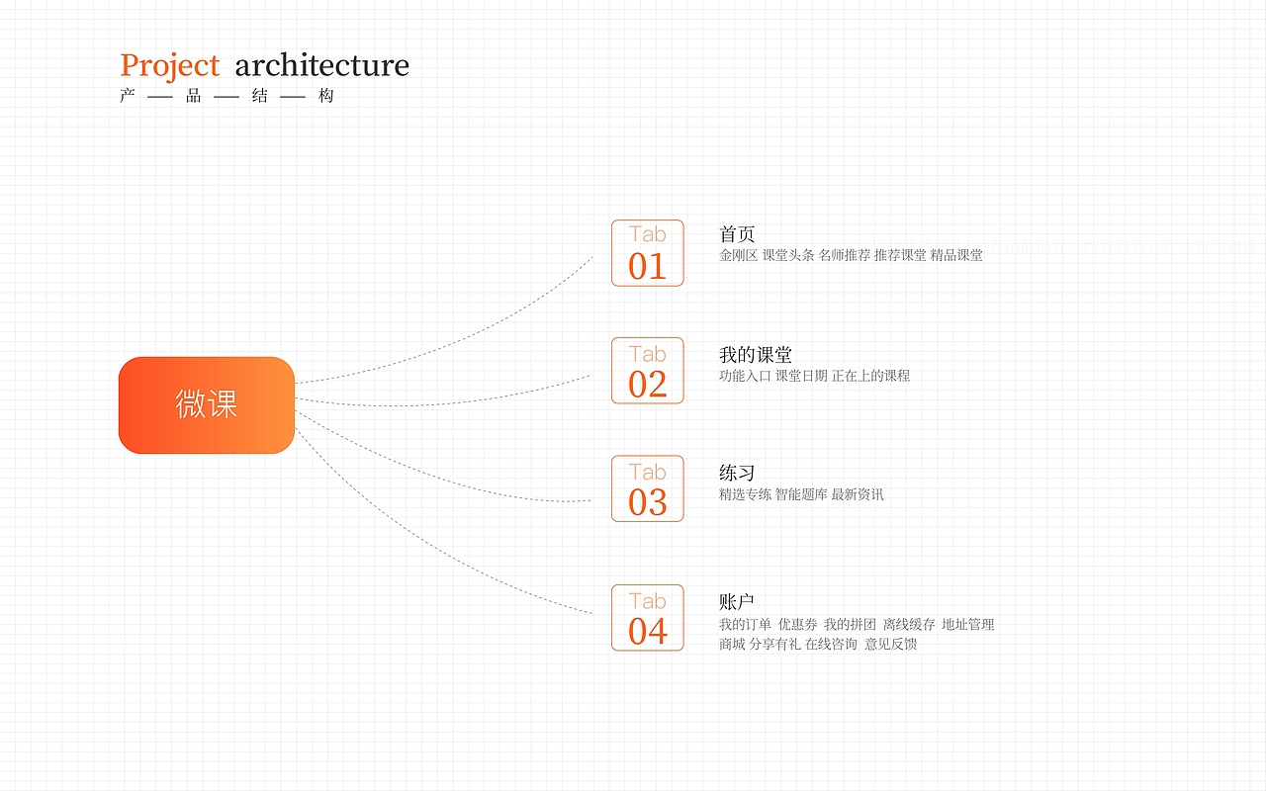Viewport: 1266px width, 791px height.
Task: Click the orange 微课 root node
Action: click(x=207, y=404)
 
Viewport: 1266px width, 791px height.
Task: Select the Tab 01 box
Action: click(x=647, y=253)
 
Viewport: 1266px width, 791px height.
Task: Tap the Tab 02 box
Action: click(x=647, y=371)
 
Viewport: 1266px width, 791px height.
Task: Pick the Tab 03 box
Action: click(x=647, y=488)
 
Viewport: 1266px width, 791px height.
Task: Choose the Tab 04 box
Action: click(x=647, y=618)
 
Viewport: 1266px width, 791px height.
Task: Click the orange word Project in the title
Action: click(x=169, y=66)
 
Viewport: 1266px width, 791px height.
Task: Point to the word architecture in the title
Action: click(x=321, y=65)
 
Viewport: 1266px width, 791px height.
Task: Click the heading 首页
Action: click(x=737, y=234)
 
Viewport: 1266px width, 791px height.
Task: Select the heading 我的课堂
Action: click(x=755, y=355)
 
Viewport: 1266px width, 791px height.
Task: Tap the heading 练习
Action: click(x=737, y=473)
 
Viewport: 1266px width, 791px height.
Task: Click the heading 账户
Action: click(x=737, y=602)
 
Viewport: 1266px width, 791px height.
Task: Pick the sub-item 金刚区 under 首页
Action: click(x=738, y=255)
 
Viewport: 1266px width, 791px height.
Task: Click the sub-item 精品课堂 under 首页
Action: click(x=956, y=255)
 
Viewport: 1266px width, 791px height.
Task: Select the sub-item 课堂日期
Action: click(x=801, y=376)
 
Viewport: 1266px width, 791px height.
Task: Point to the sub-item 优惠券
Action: click(x=797, y=624)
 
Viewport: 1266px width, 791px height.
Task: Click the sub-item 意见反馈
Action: click(x=891, y=644)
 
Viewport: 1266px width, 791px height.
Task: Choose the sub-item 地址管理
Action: click(x=967, y=624)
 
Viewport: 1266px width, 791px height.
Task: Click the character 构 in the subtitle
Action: click(x=326, y=96)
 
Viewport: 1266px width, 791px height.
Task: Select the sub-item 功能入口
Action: click(x=745, y=376)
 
